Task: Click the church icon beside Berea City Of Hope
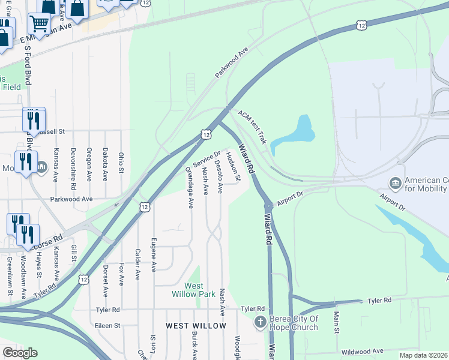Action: tap(261, 322)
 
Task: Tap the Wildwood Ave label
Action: tap(361, 351)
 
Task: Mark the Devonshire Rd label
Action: tap(73, 165)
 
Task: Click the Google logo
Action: tap(20, 352)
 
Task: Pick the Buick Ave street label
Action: tap(194, 346)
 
